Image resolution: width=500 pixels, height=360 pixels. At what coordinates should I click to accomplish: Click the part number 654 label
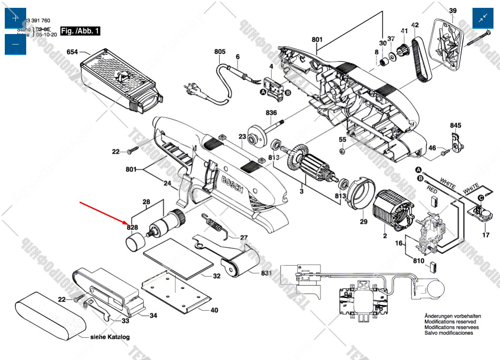coord(72,52)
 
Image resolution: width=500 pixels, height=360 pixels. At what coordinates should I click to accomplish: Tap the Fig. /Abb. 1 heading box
coord(80,31)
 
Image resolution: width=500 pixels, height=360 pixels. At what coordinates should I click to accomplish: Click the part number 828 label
coord(133,227)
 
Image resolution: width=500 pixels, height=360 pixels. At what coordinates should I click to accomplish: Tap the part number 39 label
coord(453,10)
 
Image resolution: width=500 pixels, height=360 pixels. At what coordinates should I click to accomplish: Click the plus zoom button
coord(15,18)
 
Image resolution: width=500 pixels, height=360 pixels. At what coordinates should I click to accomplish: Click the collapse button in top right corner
coord(484,18)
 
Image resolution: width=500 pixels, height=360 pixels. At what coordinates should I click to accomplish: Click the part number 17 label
coord(486,236)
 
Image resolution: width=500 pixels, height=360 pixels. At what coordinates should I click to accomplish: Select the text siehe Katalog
coord(110,337)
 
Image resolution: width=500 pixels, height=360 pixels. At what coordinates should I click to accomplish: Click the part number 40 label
coord(214,311)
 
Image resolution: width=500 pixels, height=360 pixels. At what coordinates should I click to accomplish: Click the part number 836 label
coord(271,113)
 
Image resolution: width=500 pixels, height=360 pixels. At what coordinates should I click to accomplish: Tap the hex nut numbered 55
coord(342,151)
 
